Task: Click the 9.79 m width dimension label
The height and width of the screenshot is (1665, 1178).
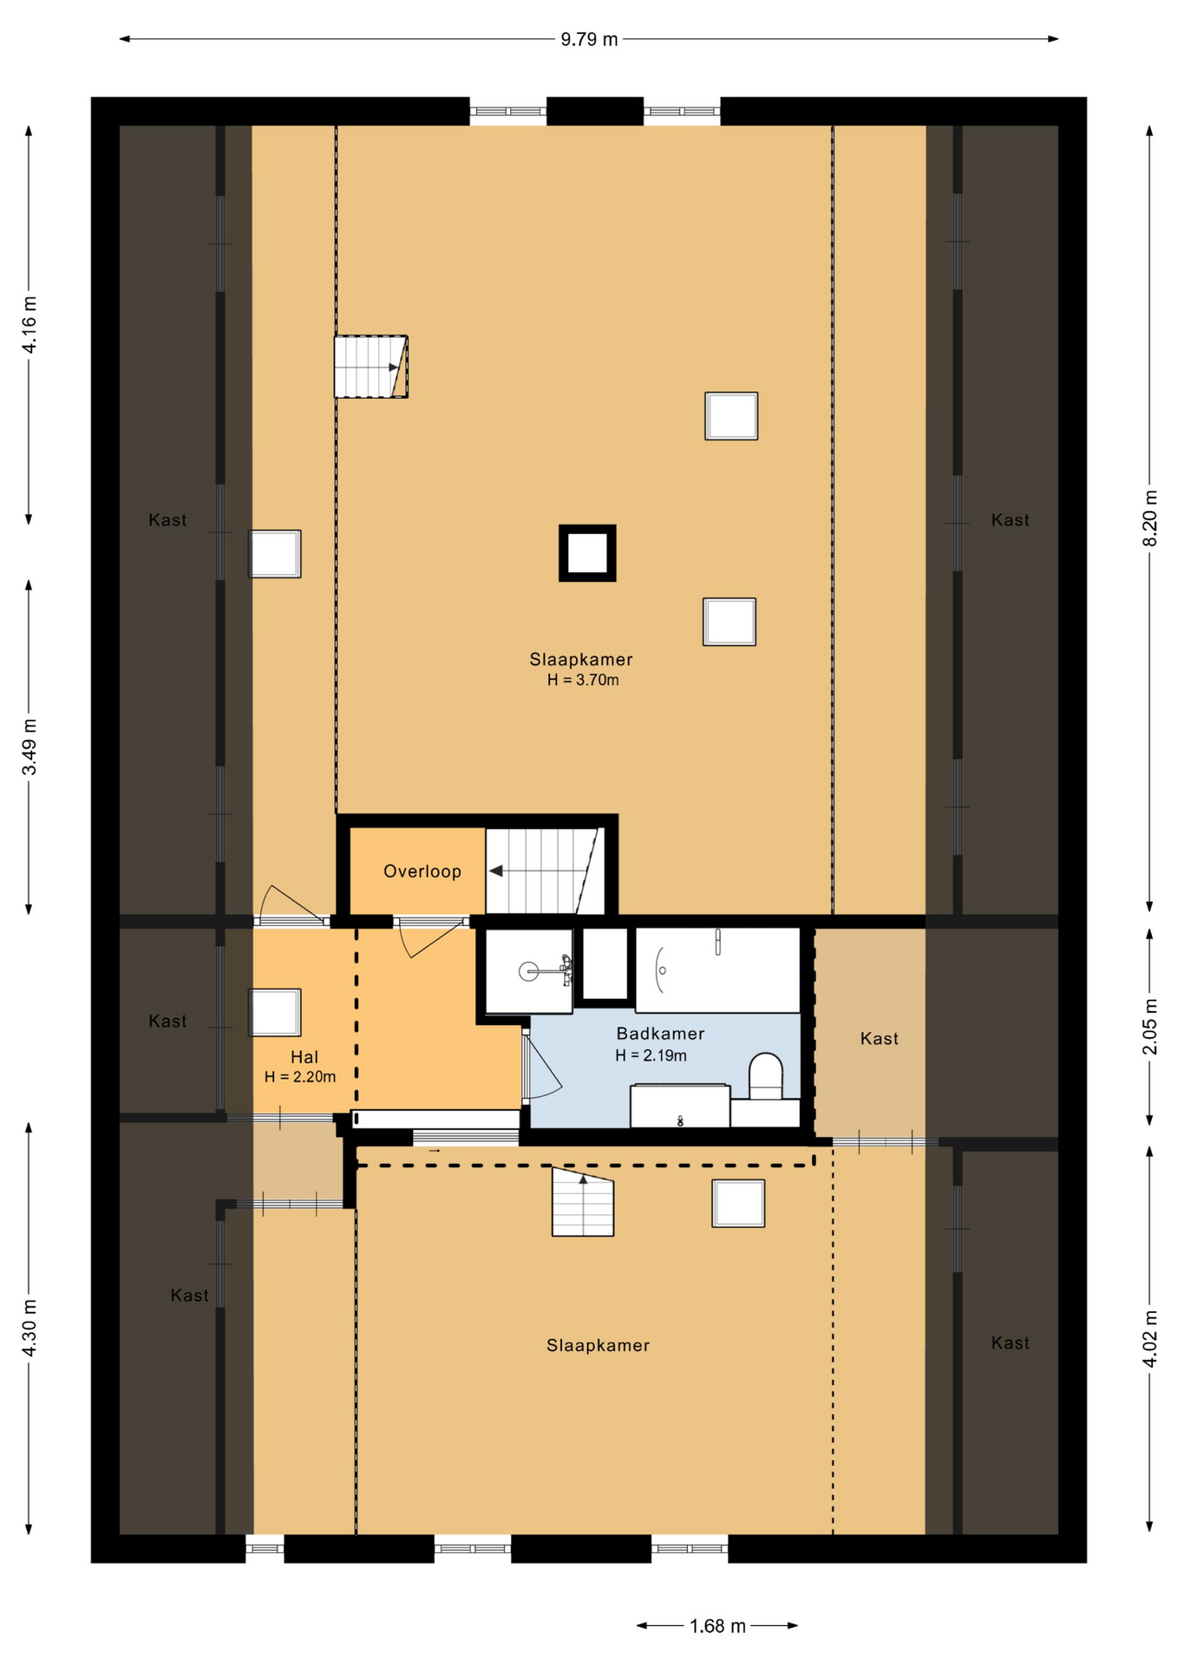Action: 589,39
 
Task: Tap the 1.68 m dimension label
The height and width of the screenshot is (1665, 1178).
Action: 717,1626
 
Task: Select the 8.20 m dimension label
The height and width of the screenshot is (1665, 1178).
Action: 1150,519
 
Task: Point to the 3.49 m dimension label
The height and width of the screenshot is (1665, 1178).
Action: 29,748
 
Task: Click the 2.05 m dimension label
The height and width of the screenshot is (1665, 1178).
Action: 1150,1027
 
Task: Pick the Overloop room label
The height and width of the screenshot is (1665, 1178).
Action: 422,872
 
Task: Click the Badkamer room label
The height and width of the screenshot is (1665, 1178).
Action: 660,1034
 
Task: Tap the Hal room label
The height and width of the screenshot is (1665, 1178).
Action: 304,1057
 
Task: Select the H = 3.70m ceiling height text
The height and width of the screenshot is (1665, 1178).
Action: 583,680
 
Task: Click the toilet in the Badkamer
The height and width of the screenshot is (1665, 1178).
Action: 765,1076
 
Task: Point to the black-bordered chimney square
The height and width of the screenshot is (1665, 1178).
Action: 587,552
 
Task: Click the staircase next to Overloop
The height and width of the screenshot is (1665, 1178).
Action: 544,871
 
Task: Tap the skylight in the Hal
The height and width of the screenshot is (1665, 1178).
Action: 275,1012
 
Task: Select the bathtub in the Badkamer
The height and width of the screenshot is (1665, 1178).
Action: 717,970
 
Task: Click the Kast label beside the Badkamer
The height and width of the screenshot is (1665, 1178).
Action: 880,1038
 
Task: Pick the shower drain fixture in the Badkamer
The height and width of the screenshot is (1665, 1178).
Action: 528,971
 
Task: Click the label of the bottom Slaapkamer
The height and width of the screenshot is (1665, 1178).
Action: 598,1345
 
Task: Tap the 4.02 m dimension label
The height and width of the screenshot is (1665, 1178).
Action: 1150,1338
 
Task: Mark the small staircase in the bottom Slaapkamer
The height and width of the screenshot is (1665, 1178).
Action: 583,1201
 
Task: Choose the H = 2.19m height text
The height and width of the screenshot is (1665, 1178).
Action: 651,1055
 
